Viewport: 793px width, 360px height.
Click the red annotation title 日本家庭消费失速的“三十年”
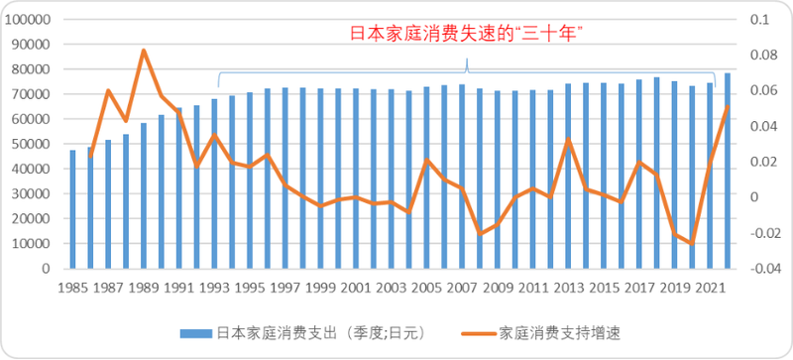pos(465,33)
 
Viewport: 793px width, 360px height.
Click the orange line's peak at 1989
pos(144,51)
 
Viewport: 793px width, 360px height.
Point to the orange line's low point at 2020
pos(692,243)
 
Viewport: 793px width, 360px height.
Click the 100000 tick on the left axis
pos(32,20)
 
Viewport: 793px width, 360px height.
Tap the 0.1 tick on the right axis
pos(759,20)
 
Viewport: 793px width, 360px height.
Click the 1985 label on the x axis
pos(72,288)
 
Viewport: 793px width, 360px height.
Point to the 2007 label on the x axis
pos(462,288)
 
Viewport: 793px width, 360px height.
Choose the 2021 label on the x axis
pos(709,288)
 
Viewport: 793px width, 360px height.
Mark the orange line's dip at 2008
pos(480,234)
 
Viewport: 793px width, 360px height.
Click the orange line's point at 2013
pos(568,139)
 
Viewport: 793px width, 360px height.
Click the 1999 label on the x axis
pos(320,288)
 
